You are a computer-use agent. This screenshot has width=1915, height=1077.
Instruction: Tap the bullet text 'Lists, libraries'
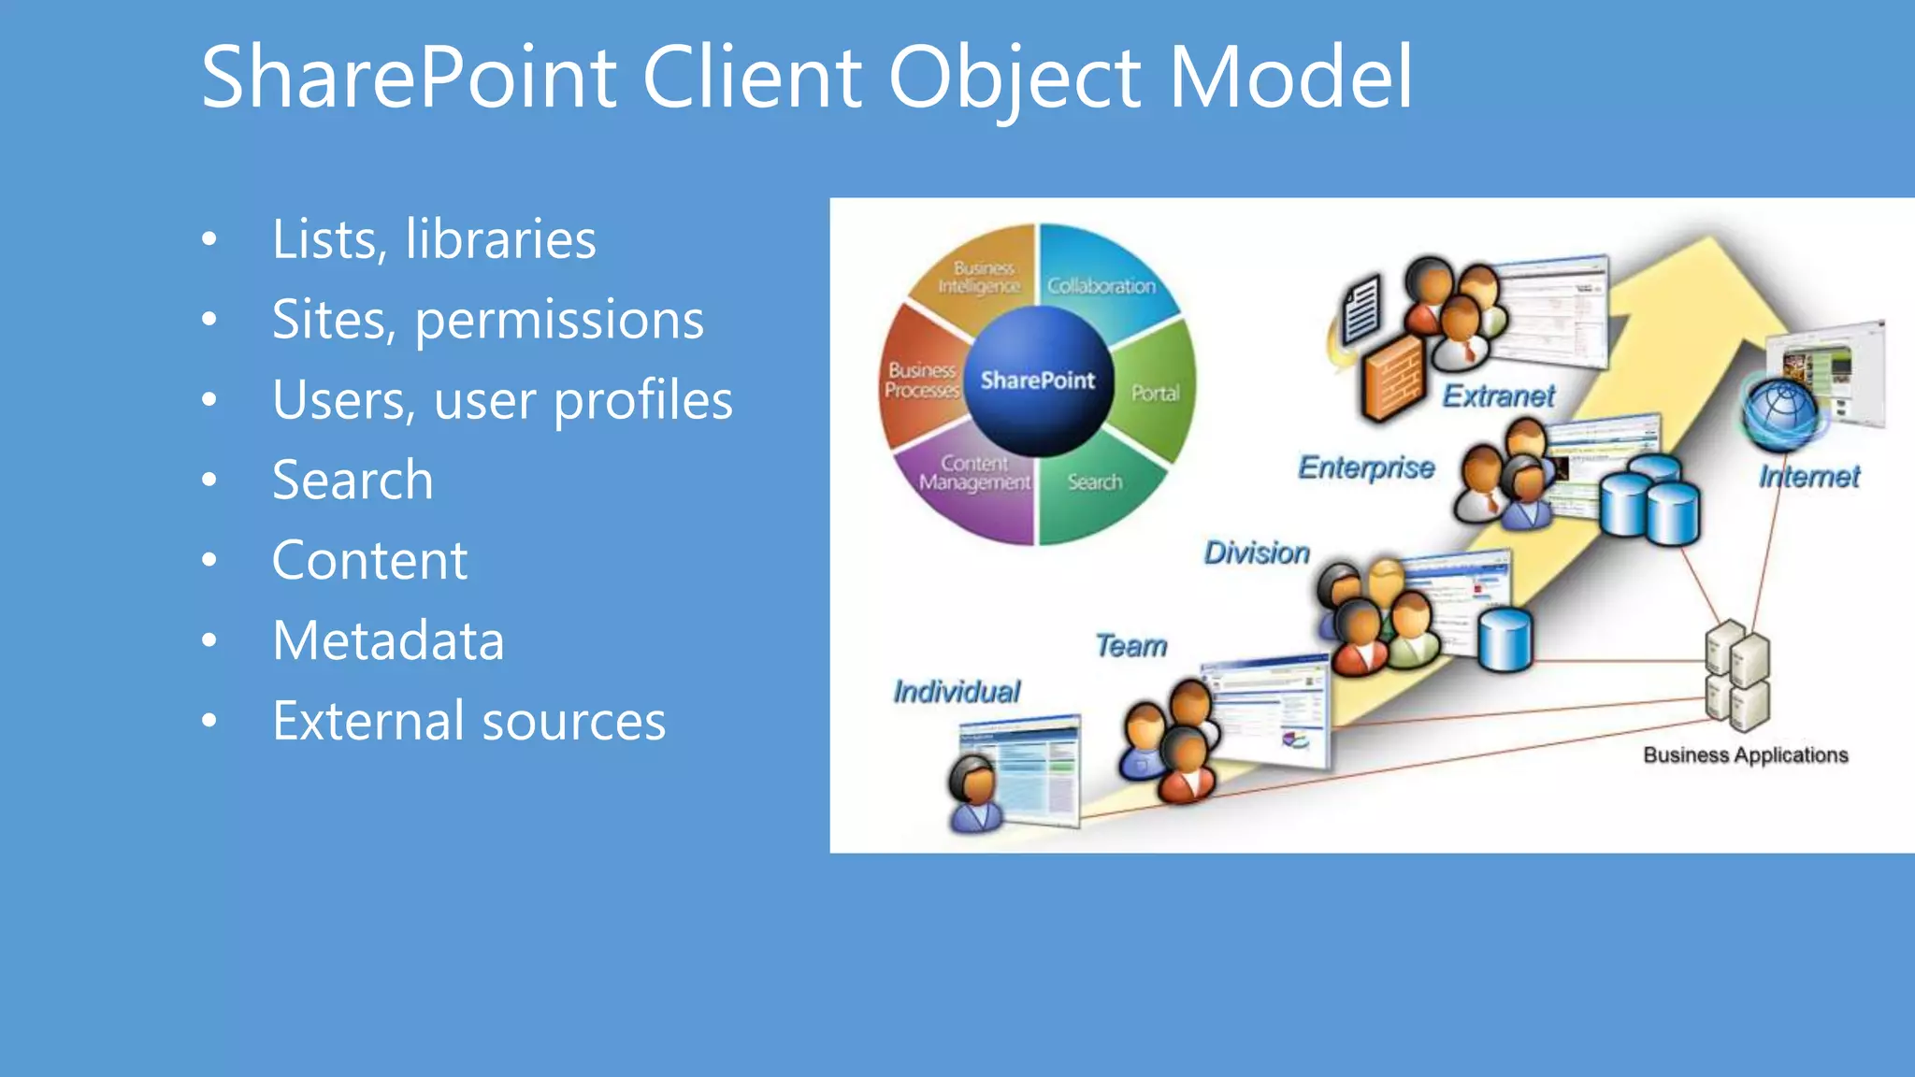point(434,239)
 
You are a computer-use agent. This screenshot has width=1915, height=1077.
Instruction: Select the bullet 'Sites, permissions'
point(487,320)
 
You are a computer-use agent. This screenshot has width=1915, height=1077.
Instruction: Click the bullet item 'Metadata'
point(388,640)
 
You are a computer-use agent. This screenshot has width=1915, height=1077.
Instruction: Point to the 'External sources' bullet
point(468,721)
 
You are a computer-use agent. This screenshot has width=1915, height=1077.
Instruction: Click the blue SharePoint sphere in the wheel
point(1037,381)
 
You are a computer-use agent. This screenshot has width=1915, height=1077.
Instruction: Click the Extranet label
point(1498,395)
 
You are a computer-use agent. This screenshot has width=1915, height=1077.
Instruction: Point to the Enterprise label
point(1365,467)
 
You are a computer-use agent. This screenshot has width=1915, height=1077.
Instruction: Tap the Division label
point(1257,553)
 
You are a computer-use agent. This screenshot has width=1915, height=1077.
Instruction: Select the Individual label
point(956,692)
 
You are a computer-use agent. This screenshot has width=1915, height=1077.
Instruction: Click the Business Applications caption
point(1745,755)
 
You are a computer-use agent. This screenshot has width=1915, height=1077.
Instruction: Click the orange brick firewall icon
point(1392,378)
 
